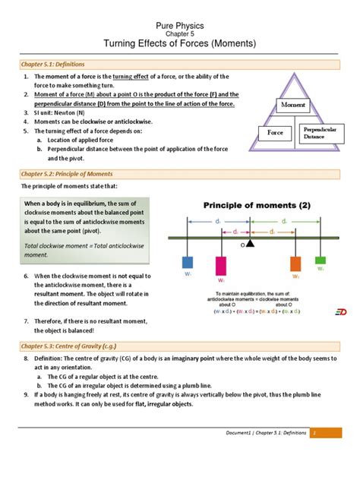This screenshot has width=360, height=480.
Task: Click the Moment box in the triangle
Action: [293, 103]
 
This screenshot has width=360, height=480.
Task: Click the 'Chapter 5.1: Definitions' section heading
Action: [54, 65]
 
